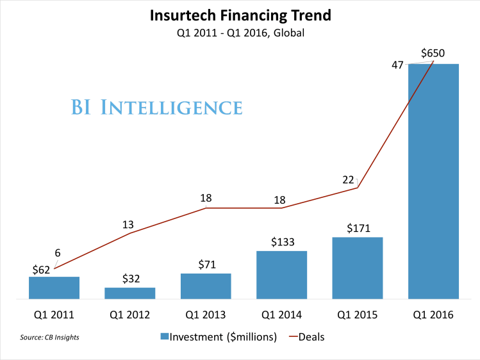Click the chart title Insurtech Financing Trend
(x=240, y=15)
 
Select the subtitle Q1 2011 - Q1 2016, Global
(x=240, y=33)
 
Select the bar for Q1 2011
(x=54, y=288)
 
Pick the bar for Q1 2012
(x=130, y=293)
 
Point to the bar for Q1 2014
(x=281, y=275)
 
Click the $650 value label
(x=433, y=53)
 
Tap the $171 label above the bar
(x=358, y=227)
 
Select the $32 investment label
(x=130, y=279)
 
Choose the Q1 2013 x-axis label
(x=206, y=315)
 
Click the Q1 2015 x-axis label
(x=358, y=315)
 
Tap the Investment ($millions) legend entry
(x=218, y=337)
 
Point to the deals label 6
(x=58, y=253)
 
